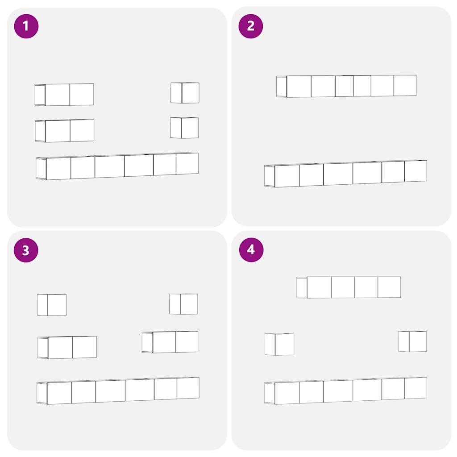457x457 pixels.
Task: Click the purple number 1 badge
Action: coord(26,26)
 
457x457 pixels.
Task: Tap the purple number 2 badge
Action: coord(251,26)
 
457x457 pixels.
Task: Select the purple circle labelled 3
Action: coord(26,250)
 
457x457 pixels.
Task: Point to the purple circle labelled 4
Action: coord(251,250)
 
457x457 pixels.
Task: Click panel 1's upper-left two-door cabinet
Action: coord(64,95)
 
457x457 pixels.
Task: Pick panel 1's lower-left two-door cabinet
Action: coord(65,131)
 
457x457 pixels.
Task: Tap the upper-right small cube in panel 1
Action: coord(185,93)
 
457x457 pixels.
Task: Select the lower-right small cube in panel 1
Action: coord(184,128)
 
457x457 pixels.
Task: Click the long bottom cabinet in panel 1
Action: coord(117,166)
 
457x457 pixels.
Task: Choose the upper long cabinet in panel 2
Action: coord(346,86)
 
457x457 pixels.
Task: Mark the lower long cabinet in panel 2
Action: coord(346,174)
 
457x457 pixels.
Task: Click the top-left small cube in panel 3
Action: coord(52,305)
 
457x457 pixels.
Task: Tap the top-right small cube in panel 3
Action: coord(183,304)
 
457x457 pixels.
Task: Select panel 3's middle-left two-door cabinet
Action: coord(67,347)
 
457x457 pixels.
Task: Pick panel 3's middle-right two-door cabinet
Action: coord(170,342)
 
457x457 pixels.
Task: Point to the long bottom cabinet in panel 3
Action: coord(118,391)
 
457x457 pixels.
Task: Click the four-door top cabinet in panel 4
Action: coord(349,287)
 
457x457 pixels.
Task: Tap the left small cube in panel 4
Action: coord(279,345)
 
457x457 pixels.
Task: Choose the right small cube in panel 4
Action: coord(412,341)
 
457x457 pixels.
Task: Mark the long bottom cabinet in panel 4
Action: coord(346,391)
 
